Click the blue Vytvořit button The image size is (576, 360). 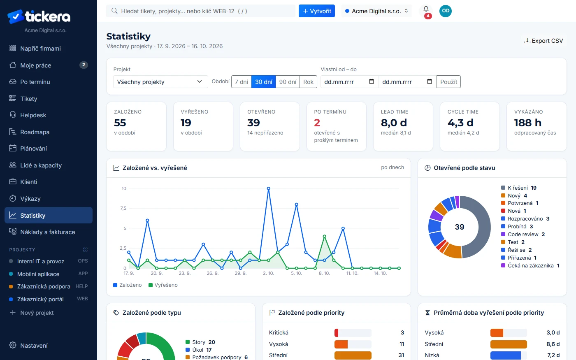[316, 11]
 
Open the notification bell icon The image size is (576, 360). [426, 9]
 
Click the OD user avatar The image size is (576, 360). [445, 11]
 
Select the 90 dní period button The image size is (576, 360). [288, 82]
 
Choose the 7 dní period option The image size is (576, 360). [241, 82]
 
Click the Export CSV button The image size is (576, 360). [543, 41]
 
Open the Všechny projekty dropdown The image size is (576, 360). [160, 82]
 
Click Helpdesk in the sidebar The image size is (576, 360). [33, 115]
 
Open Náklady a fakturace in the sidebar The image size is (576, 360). [48, 232]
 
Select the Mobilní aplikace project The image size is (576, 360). [38, 274]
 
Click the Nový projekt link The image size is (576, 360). [37, 313]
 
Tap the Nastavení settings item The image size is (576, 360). [34, 345]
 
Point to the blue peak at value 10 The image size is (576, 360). [268, 188]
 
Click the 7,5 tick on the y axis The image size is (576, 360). [123, 208]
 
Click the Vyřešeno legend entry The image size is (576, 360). [163, 285]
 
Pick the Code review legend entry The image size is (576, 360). [523, 234]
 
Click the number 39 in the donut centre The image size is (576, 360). [460, 227]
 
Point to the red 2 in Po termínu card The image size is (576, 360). [317, 123]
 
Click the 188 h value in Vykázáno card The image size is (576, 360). [527, 123]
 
